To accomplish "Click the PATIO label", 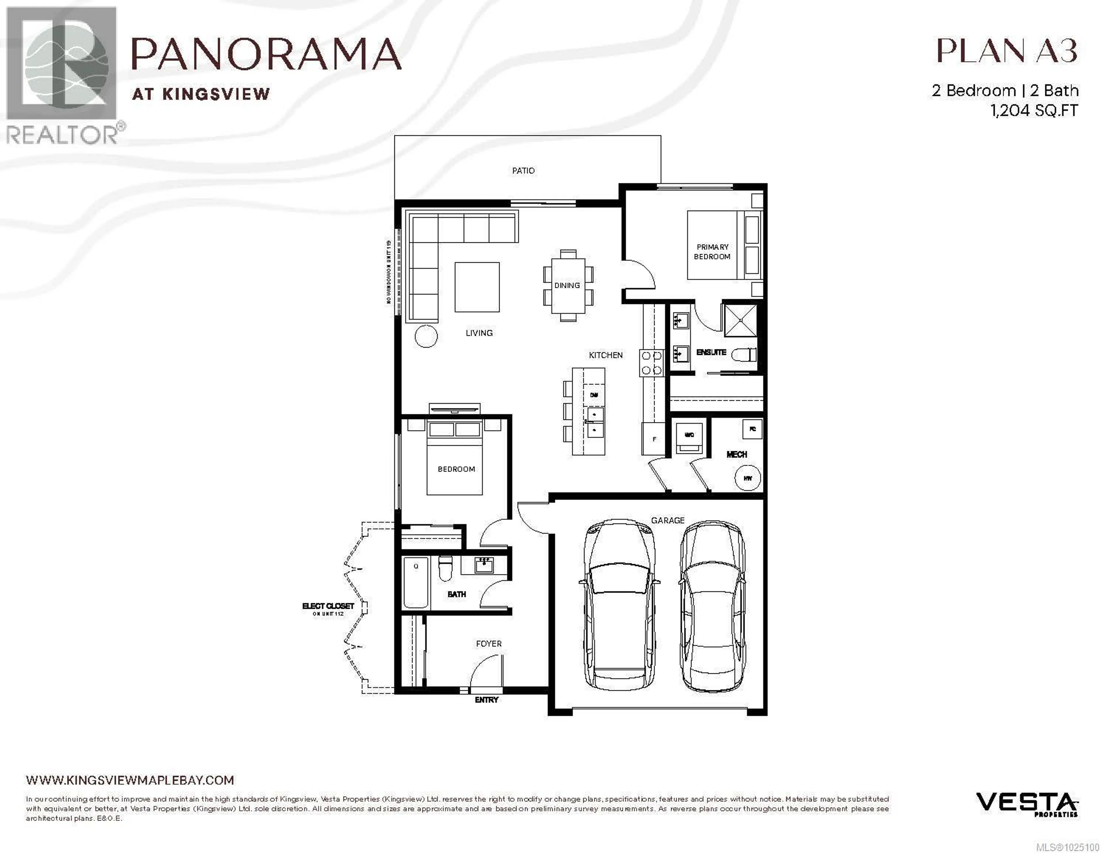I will point(523,171).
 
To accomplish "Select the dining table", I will point(568,286).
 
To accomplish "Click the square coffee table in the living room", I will point(477,287).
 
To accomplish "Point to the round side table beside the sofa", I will point(425,336).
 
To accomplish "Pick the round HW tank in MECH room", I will point(747,478).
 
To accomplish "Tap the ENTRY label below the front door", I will point(486,700).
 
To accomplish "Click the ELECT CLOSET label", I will point(328,606).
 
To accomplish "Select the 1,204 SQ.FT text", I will point(1034,110).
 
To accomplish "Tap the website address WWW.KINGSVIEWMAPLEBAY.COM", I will point(130,780).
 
